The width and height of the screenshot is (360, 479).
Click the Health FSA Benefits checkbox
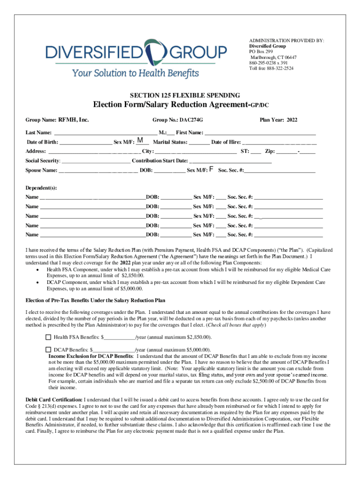(48, 337)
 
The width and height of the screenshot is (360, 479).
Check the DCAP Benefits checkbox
(48, 349)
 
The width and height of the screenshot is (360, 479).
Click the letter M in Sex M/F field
(140, 140)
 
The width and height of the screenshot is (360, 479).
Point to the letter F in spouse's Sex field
(212, 169)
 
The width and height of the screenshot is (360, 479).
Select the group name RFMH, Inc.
(73, 120)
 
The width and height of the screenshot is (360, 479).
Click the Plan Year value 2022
(292, 120)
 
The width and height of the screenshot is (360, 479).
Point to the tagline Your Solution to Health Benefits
(135, 73)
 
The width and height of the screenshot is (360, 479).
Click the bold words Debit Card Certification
(53, 400)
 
